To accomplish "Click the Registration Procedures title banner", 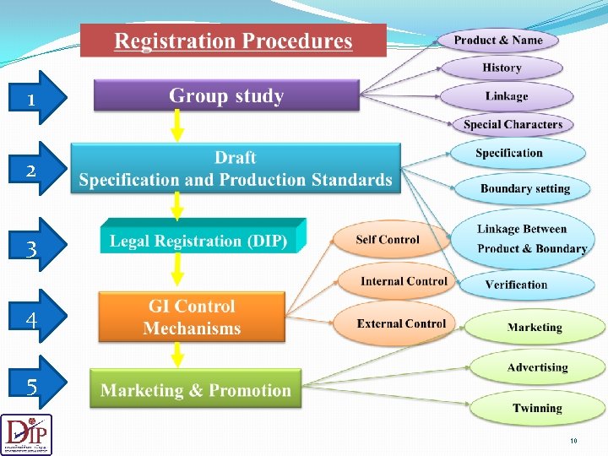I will pyautogui.click(x=233, y=41).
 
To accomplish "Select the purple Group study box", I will pyautogui.click(x=226, y=95).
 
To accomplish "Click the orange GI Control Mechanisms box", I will pyautogui.click(x=193, y=318).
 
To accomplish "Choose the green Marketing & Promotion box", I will pyautogui.click(x=196, y=389).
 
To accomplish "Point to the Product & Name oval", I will pyautogui.click(x=498, y=40).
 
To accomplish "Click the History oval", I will pyautogui.click(x=502, y=68).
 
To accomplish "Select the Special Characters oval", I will pyautogui.click(x=513, y=124).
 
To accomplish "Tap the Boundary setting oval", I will pyautogui.click(x=524, y=188).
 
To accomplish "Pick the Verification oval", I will pyautogui.click(x=516, y=285).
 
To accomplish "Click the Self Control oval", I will pyautogui.click(x=387, y=240).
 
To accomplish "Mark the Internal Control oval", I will pyautogui.click(x=404, y=281).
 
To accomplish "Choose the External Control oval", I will pyautogui.click(x=401, y=323).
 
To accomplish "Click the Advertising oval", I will pyautogui.click(x=537, y=367).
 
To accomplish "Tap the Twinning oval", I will pyautogui.click(x=537, y=408).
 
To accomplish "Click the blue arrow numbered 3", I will pyautogui.click(x=33, y=248).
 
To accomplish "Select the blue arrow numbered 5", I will pyautogui.click(x=33, y=388).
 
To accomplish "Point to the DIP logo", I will pyautogui.click(x=26, y=434).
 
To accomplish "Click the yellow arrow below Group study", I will pyautogui.click(x=177, y=126).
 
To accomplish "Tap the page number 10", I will pyautogui.click(x=573, y=441).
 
